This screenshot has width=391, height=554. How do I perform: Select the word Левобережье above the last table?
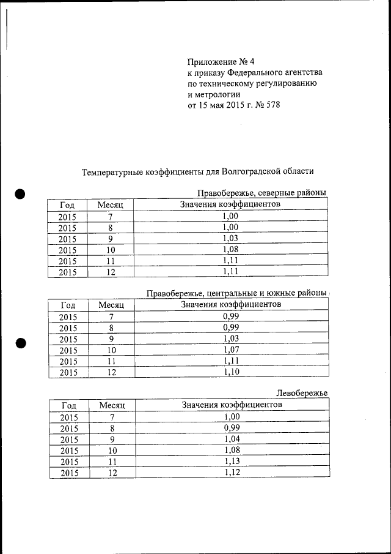(302, 392)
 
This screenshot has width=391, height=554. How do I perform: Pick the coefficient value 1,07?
(230, 350)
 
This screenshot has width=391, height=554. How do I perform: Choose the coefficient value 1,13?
(231, 461)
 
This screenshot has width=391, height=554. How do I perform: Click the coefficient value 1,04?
(231, 439)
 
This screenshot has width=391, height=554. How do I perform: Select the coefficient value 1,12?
(231, 473)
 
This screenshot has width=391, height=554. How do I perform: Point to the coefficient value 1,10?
(230, 372)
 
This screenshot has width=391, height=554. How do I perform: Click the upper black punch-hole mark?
(20, 194)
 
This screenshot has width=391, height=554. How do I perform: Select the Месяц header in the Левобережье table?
(112, 405)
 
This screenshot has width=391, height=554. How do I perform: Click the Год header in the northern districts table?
(67, 204)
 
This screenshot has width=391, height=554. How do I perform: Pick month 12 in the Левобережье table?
(112, 473)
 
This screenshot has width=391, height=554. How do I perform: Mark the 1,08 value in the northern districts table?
(230, 249)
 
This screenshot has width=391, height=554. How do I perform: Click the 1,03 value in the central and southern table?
(230, 339)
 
